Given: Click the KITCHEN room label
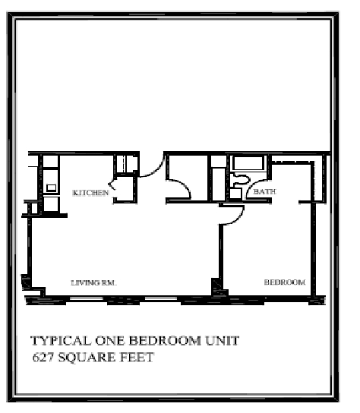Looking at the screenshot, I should coord(90,194).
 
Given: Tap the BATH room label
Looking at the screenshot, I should coord(264,192).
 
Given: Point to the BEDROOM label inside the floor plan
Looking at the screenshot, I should coord(284,282).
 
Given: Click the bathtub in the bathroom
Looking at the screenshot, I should coord(246,163).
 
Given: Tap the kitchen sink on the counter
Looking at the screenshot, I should coord(51,187).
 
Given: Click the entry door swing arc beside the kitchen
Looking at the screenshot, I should coord(151,168).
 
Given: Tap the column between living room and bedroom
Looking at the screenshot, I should coord(217,288).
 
